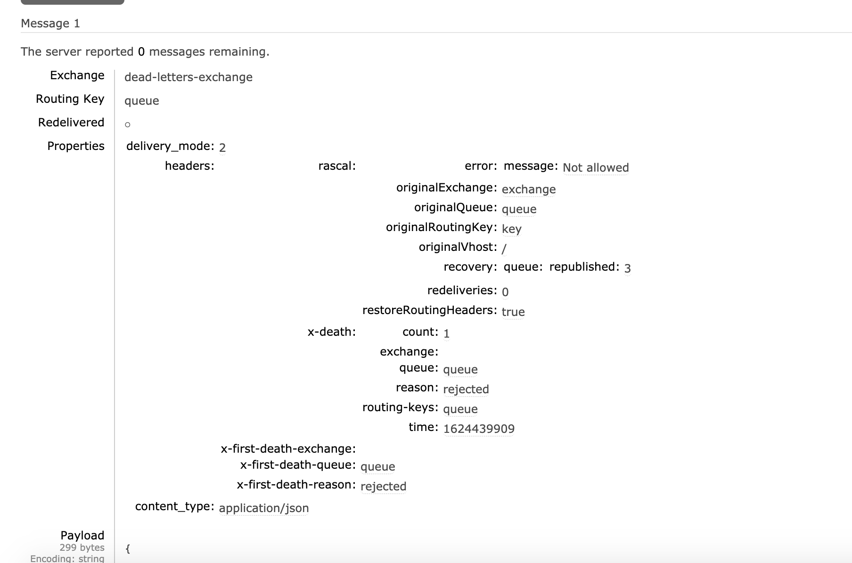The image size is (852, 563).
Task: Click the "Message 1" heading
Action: [50, 24]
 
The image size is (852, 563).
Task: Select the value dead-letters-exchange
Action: [188, 77]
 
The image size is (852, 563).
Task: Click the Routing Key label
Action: [70, 99]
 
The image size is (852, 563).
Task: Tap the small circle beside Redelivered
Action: [127, 124]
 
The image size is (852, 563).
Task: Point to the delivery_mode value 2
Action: [222, 148]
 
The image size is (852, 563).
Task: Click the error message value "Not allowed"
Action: [596, 168]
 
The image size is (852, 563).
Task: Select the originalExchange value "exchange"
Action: [528, 190]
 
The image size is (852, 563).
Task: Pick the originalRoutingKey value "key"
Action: [511, 229]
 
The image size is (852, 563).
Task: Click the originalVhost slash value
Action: [504, 248]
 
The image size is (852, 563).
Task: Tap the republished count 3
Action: [627, 268]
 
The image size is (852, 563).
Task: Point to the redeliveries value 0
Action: [505, 292]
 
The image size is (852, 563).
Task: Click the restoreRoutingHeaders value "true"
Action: [513, 312]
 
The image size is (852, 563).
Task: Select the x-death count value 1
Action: [446, 334]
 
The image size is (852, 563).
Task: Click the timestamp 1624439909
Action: [479, 429]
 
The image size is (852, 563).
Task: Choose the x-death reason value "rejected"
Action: [466, 389]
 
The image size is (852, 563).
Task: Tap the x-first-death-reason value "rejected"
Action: [383, 487]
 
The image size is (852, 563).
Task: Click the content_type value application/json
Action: [264, 508]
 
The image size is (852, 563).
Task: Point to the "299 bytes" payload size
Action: [82, 547]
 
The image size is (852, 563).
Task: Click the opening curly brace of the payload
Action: [128, 548]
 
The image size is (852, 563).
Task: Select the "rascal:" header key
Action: [337, 166]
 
